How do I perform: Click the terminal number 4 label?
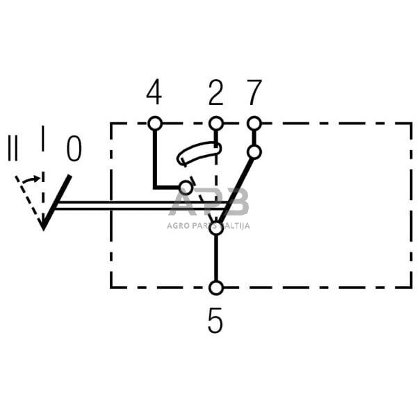[154, 92]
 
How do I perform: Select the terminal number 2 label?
[216, 92]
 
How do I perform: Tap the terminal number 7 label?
[254, 92]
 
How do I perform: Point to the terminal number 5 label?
[215, 321]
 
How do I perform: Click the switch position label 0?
[73, 149]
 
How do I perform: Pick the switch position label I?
[43, 139]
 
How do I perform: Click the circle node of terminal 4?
[154, 123]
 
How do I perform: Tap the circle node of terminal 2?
[216, 123]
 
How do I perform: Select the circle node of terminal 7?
[254, 123]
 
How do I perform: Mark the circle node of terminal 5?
[216, 288]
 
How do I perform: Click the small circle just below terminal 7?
[254, 152]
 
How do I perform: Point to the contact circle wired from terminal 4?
[186, 187]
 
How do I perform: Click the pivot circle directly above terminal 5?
[216, 227]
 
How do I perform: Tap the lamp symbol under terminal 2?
[199, 154]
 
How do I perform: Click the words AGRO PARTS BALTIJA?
[208, 225]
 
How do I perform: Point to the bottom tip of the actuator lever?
[43, 227]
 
